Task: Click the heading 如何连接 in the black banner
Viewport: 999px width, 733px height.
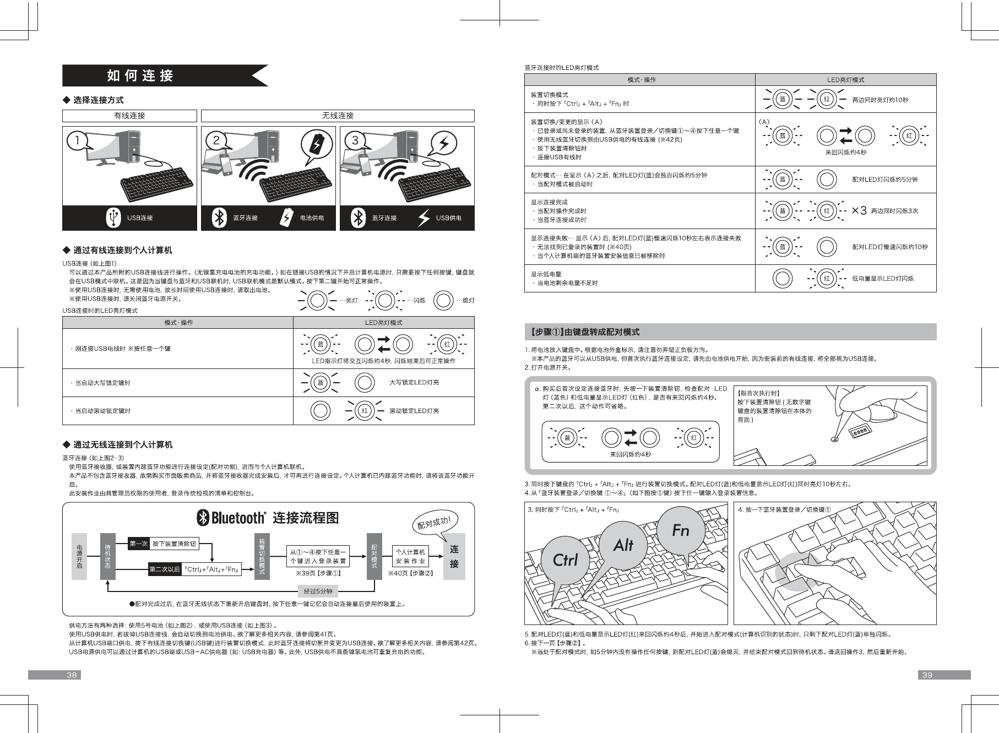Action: coord(140,75)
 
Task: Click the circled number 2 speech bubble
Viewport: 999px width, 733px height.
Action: coord(216,141)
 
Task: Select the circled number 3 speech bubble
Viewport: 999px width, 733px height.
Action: coord(355,141)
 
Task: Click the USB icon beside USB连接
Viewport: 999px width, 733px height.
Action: coord(113,218)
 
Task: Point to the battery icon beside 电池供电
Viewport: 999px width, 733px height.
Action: coord(286,218)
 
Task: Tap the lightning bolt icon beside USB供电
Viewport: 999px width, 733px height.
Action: coord(424,218)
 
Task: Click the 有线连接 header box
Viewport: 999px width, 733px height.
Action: coord(129,116)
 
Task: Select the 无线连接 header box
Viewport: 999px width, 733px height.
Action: coord(338,116)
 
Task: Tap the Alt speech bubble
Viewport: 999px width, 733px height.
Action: coord(623,545)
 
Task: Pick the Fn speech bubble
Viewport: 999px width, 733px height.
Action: coord(680,530)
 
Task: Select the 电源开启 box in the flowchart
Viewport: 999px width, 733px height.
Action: coord(79,556)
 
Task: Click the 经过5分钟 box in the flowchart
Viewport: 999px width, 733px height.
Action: coord(318,591)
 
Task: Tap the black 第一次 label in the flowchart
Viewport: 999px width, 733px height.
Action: coord(138,544)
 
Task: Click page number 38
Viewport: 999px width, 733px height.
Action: coord(72,675)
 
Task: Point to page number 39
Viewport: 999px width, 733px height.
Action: coord(927,675)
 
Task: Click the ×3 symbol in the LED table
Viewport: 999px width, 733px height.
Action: coord(859,210)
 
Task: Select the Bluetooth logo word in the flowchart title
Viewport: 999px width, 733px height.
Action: coord(237,518)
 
